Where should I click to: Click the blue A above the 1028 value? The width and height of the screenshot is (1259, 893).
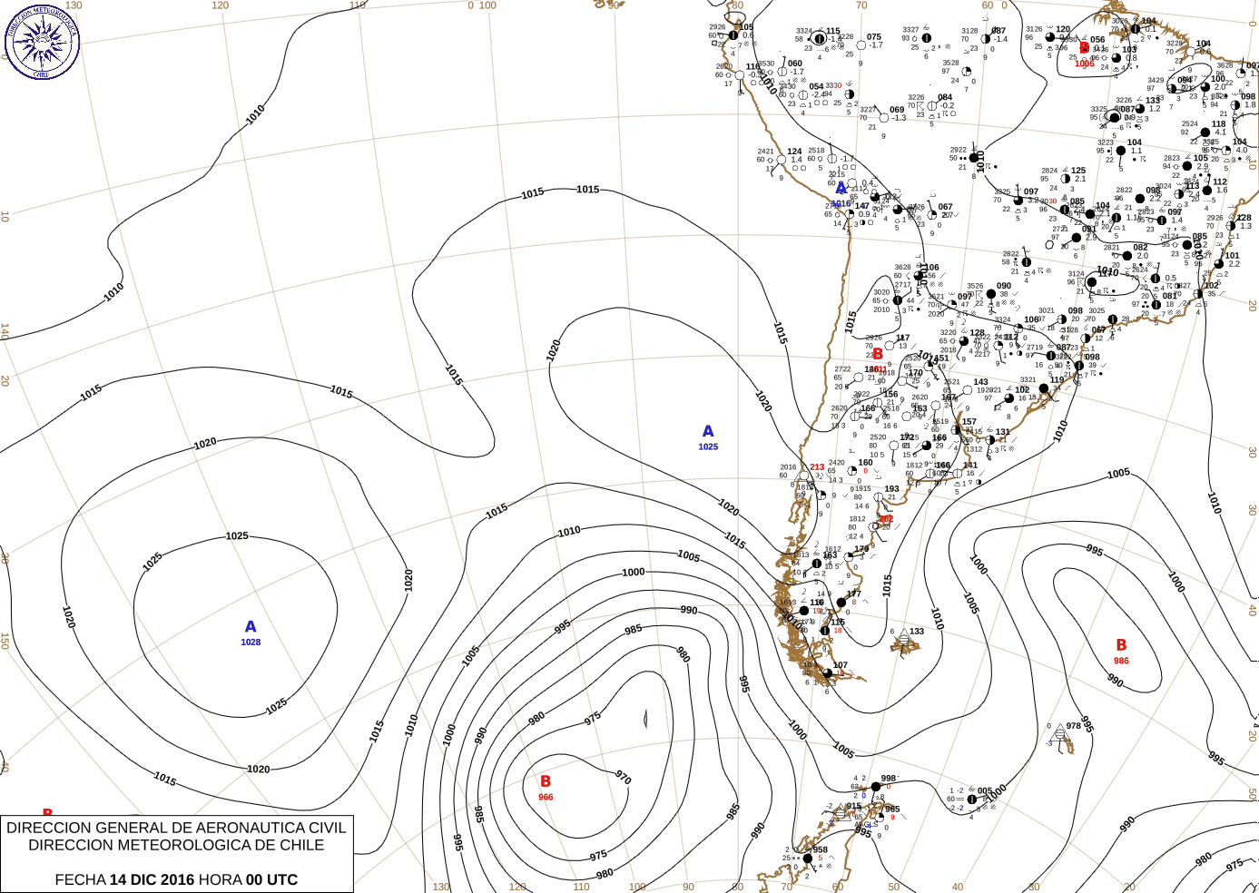(251, 626)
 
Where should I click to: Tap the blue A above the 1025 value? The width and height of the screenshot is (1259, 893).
(708, 431)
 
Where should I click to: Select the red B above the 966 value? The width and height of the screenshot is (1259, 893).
(546, 781)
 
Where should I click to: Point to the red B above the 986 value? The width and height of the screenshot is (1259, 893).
(1121, 645)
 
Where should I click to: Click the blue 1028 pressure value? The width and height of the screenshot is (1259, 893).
(251, 643)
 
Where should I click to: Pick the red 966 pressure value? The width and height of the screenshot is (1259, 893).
(546, 797)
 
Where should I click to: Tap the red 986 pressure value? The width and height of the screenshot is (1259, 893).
(1121, 661)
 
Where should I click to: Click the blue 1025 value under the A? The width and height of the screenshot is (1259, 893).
(708, 446)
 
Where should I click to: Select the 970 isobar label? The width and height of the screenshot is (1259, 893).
(623, 778)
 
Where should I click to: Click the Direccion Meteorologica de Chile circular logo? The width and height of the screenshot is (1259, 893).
(42, 42)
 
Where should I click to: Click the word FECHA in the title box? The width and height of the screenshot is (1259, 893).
(80, 879)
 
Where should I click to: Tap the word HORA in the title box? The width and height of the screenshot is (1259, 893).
(219, 879)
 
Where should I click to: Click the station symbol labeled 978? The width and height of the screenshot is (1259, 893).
(1060, 737)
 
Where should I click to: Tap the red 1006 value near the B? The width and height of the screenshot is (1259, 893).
(1085, 64)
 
